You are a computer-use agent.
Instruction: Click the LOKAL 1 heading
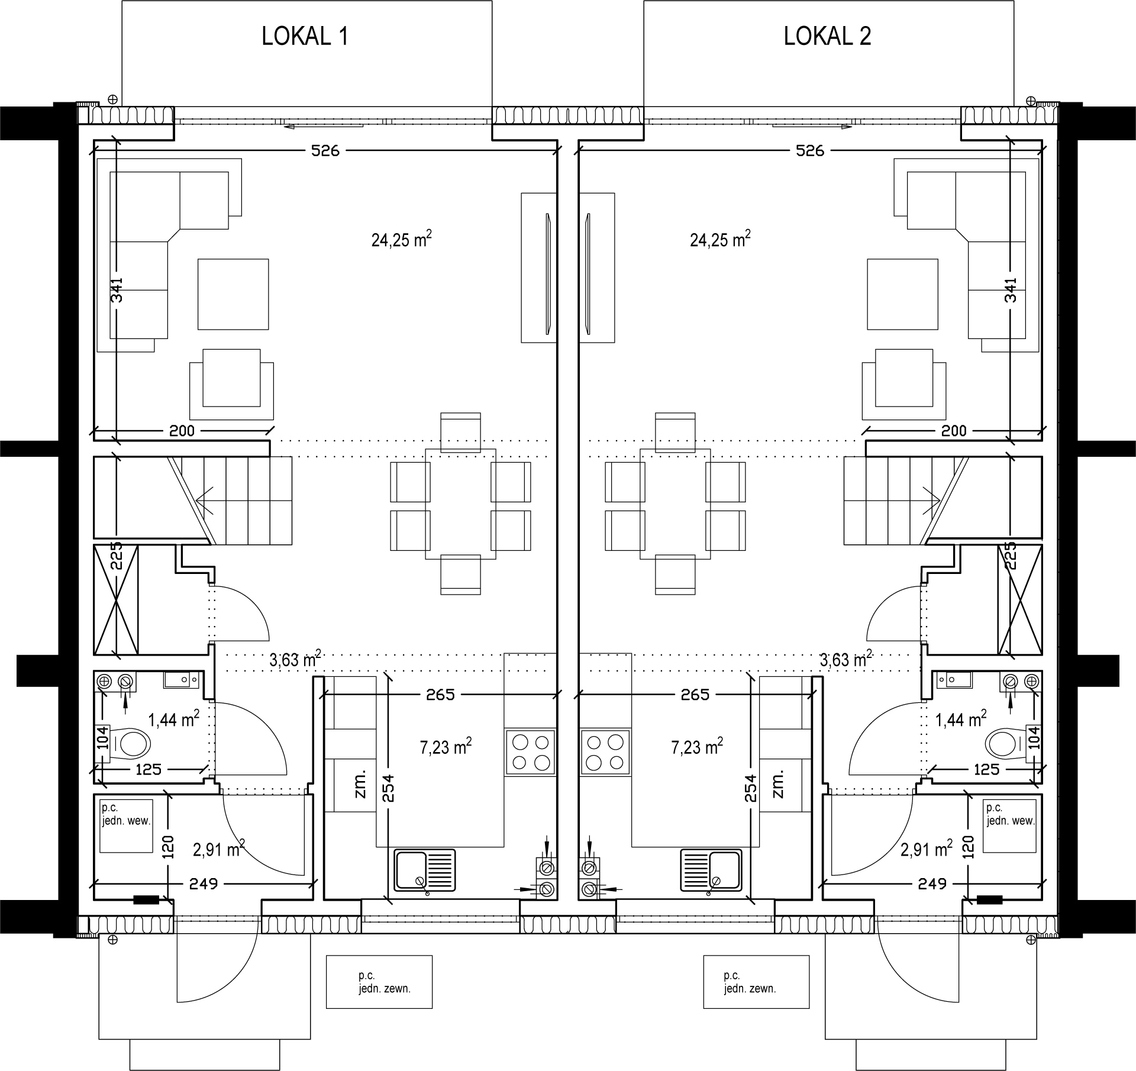pyautogui.click(x=305, y=37)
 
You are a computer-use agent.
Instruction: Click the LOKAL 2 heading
pyautogui.click(x=827, y=37)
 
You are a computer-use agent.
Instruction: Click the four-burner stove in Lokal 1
pyautogui.click(x=530, y=751)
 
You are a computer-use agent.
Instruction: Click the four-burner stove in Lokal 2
pyautogui.click(x=605, y=751)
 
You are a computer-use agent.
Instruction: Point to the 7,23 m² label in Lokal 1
pyautogui.click(x=446, y=747)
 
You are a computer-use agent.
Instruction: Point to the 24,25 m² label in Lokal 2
pyautogui.click(x=720, y=239)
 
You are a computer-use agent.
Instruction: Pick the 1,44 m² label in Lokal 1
pyautogui.click(x=173, y=719)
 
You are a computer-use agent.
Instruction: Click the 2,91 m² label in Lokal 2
pyautogui.click(x=926, y=849)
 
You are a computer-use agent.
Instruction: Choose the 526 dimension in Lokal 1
pyautogui.click(x=325, y=151)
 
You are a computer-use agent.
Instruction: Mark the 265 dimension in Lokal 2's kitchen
pyautogui.click(x=695, y=694)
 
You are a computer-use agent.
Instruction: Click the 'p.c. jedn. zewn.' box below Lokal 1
pyautogui.click(x=379, y=982)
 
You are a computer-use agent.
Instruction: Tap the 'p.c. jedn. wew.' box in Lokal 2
pyautogui.click(x=1010, y=826)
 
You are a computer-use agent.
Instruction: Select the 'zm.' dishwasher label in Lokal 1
pyautogui.click(x=361, y=784)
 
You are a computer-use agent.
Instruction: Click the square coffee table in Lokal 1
pyautogui.click(x=233, y=294)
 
